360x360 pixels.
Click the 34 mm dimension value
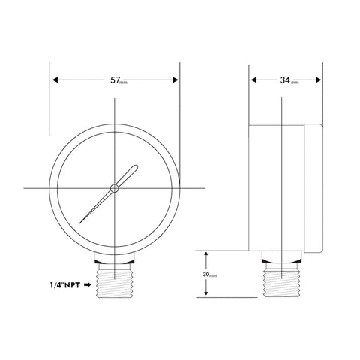pyautogui.click(x=285, y=79)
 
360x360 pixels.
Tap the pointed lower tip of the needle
pyautogui.click(x=80, y=221)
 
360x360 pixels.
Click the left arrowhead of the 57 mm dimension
pyautogui.click(x=54, y=79)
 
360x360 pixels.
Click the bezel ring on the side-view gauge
pyautogui.click(x=314, y=187)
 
